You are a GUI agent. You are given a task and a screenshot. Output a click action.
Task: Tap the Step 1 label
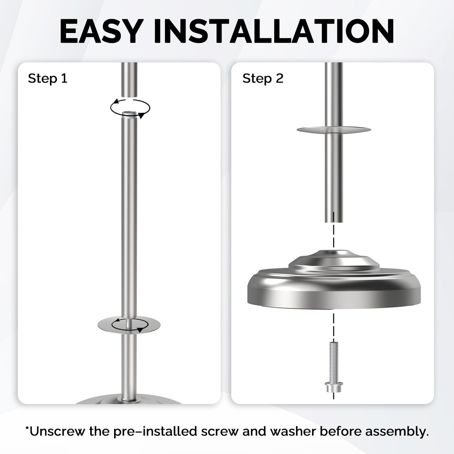point(47,78)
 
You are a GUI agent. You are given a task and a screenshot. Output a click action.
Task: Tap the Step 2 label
point(263,78)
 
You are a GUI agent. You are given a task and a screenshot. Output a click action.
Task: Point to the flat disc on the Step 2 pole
point(334,129)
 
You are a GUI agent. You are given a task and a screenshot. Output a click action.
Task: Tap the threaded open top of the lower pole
point(129,114)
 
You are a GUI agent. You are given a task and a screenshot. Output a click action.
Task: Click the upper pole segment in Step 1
point(129,79)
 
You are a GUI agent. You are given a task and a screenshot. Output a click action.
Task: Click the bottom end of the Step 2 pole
point(334,222)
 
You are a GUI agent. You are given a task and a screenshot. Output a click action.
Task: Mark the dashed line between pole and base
point(334,231)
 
